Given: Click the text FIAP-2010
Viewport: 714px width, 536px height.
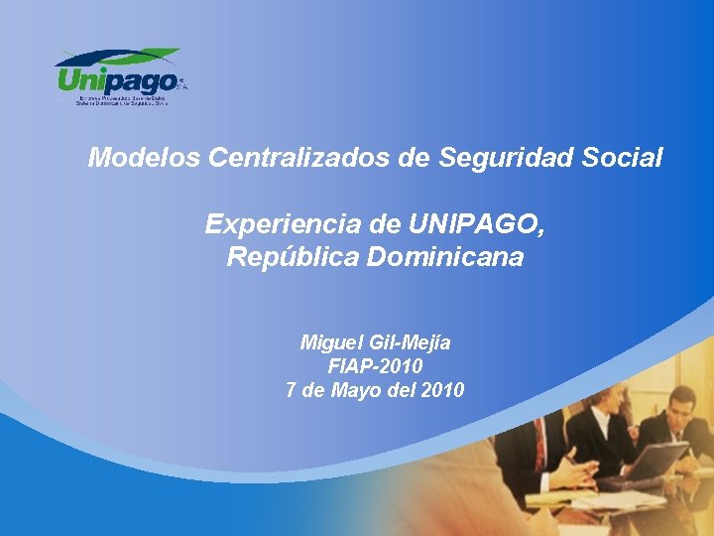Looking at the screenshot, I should point(375,366).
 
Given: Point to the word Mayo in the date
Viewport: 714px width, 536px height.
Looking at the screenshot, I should point(358,390).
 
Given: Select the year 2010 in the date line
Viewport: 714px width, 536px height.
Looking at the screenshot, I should point(441,390).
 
